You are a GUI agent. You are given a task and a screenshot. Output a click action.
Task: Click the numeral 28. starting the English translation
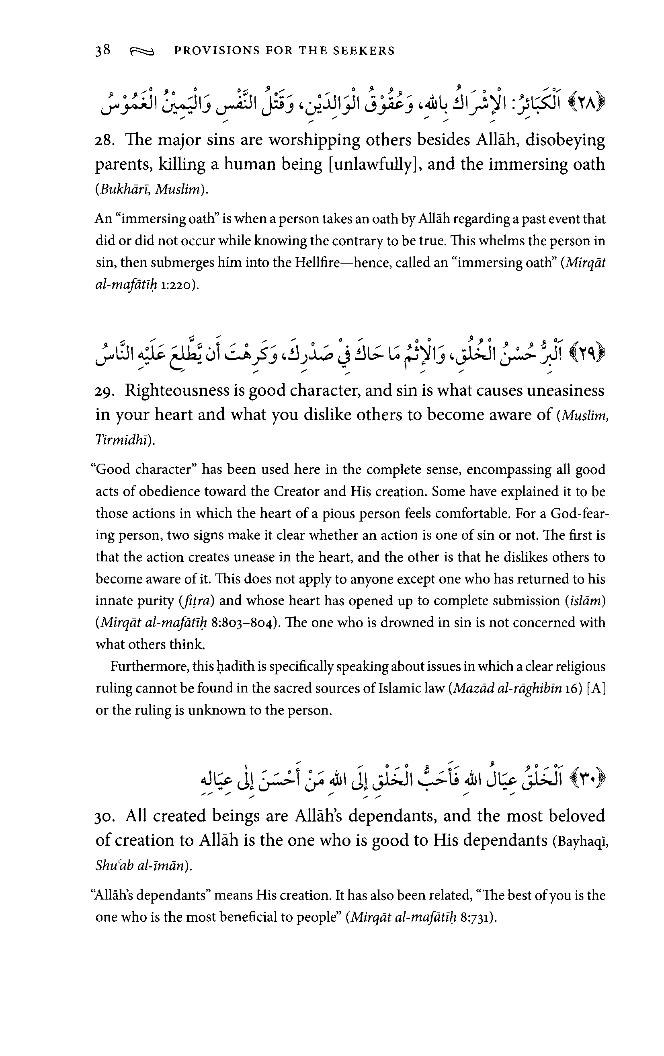(105, 141)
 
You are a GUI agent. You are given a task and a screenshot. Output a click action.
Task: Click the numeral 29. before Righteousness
(105, 391)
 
